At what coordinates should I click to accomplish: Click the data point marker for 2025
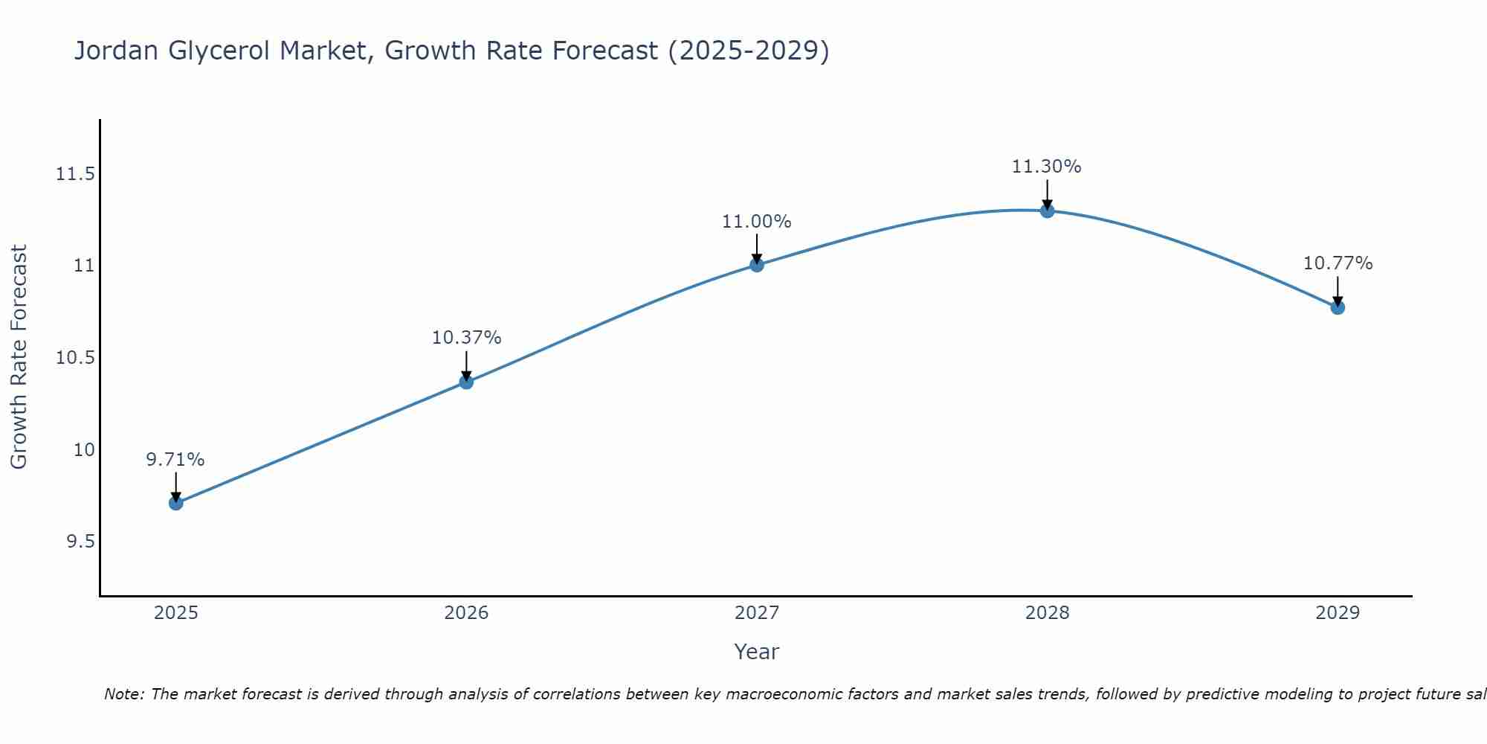175,503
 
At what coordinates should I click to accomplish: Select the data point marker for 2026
466,382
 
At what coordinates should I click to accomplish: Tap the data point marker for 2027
757,264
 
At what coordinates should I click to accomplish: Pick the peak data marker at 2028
1047,211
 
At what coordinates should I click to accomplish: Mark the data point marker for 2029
1338,307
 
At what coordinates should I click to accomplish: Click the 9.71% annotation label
175,460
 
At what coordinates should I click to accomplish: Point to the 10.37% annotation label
466,338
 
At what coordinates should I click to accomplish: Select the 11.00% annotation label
757,222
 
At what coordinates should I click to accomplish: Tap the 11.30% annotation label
1047,167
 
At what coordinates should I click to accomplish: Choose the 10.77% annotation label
1338,263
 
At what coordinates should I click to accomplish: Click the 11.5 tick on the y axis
76,174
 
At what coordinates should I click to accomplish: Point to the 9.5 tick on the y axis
81,542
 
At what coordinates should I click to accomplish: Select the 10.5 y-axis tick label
76,358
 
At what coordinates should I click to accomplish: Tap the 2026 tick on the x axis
466,613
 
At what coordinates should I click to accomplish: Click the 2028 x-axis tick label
1047,613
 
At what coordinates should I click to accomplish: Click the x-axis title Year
757,652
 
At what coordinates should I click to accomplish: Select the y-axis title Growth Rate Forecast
19,357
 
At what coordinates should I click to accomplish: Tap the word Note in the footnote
120,694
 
